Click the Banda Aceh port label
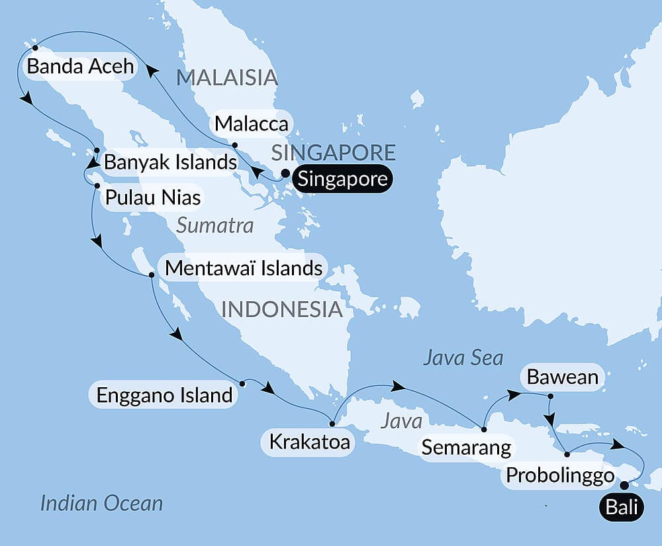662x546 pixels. click(x=79, y=67)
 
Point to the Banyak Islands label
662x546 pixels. click(x=171, y=162)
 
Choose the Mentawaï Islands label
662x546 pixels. click(x=244, y=268)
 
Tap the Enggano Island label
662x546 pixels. click(x=165, y=395)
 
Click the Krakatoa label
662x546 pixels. click(x=308, y=441)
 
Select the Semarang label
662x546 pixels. click(x=467, y=447)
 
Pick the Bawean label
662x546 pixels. click(x=563, y=377)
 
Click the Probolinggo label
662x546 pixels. click(x=559, y=475)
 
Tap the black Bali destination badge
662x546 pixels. click(x=621, y=508)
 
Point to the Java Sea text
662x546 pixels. click(x=463, y=358)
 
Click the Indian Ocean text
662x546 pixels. click(x=101, y=503)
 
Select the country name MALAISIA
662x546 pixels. click(x=226, y=77)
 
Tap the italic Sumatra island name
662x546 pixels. click(x=215, y=226)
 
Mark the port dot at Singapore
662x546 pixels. click(x=285, y=174)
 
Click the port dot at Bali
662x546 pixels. click(x=624, y=485)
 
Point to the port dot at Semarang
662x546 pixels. click(x=484, y=430)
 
